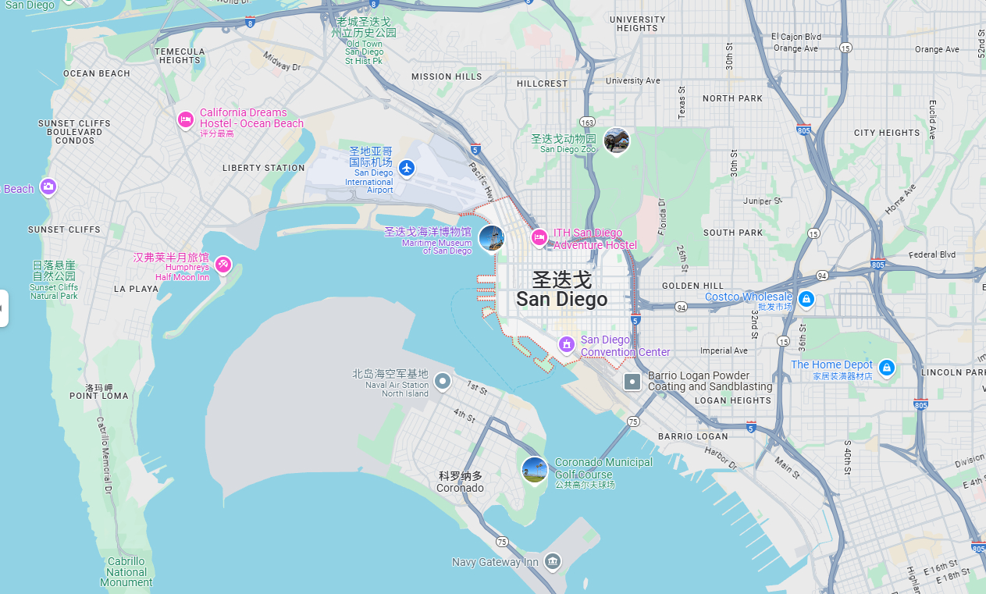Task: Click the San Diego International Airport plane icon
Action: pos(407,167)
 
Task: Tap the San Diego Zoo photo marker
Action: pos(617,140)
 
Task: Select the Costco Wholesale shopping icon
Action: pos(806,299)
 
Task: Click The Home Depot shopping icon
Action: pos(886,366)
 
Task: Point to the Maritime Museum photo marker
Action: pos(491,238)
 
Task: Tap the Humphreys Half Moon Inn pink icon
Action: pos(223,265)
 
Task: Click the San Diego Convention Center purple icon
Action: pos(567,343)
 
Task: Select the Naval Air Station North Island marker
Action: pos(443,382)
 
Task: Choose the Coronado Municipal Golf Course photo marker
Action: pos(534,469)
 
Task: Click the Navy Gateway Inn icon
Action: pos(553,560)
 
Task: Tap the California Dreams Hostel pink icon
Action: pos(186,119)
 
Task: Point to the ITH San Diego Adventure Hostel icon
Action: pos(539,237)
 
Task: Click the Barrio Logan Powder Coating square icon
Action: pos(632,382)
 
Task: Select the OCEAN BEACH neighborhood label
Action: pos(97,73)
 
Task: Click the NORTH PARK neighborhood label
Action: pos(732,98)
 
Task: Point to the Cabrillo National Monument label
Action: pos(126,572)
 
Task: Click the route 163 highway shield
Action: pos(588,123)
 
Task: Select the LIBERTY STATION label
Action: pos(264,168)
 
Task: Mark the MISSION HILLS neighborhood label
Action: pos(447,76)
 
